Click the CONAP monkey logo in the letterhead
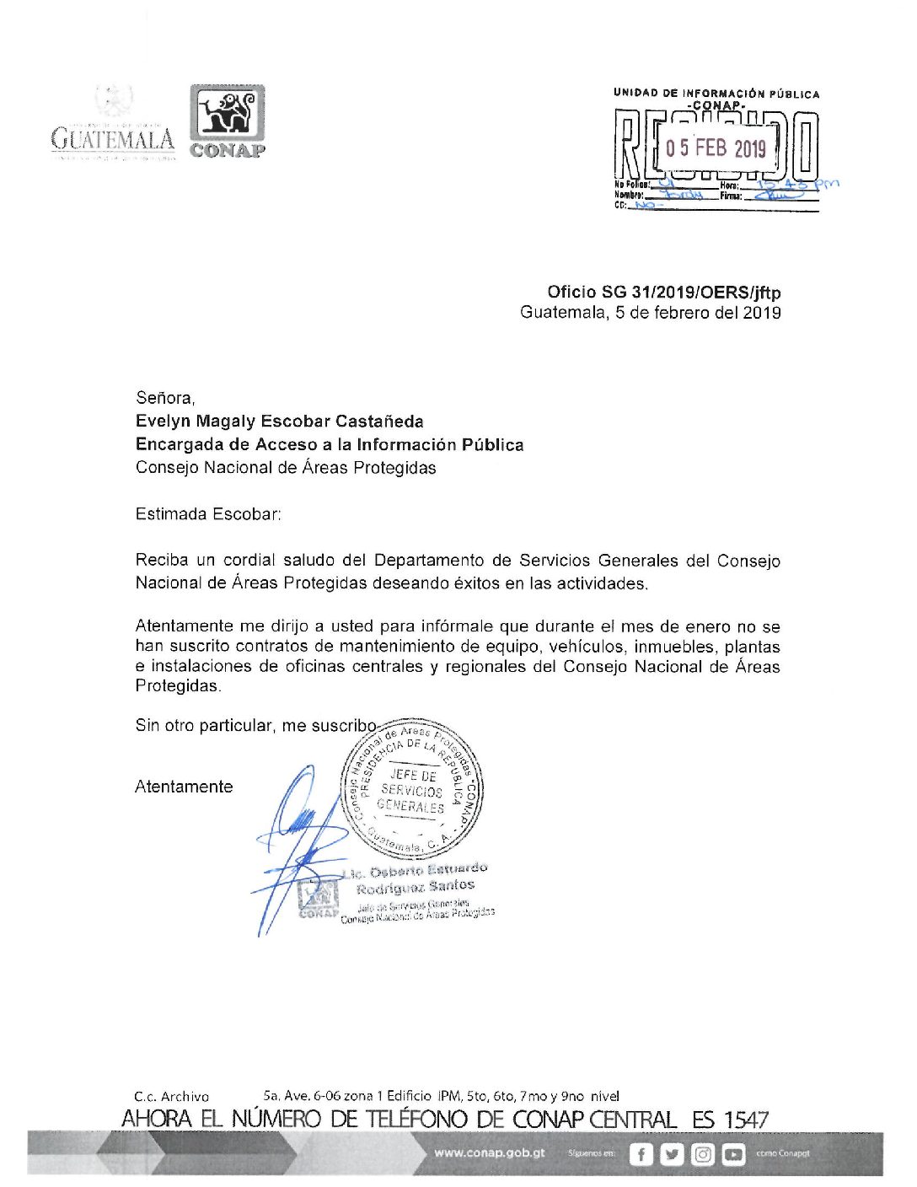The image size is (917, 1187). pyautogui.click(x=227, y=114)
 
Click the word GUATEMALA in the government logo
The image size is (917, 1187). pyautogui.click(x=113, y=139)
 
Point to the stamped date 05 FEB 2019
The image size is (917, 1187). pyautogui.click(x=716, y=148)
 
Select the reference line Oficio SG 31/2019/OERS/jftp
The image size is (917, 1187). pyautogui.click(x=663, y=293)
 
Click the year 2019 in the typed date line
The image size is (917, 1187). pyautogui.click(x=762, y=313)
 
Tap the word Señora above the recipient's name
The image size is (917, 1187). pyautogui.click(x=164, y=398)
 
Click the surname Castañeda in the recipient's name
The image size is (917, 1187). pyautogui.click(x=379, y=422)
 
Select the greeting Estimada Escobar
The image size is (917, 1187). pyautogui.click(x=208, y=514)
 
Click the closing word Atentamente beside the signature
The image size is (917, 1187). pyautogui.click(x=184, y=787)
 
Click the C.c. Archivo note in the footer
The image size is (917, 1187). pyautogui.click(x=171, y=1097)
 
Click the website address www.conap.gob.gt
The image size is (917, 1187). pyautogui.click(x=490, y=1153)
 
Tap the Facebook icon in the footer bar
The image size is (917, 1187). pyautogui.click(x=641, y=1154)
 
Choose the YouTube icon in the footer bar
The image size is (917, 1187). pyautogui.click(x=733, y=1154)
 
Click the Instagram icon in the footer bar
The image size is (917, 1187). pyautogui.click(x=703, y=1154)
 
